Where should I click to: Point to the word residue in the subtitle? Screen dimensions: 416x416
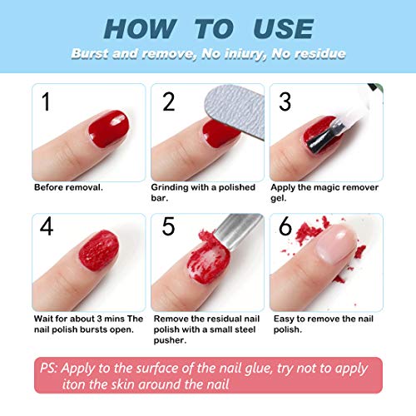pyautogui.click(x=317, y=54)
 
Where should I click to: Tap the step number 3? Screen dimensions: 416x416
pyautogui.click(x=284, y=102)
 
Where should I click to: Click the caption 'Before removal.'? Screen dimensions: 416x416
pyautogui.click(x=68, y=187)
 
